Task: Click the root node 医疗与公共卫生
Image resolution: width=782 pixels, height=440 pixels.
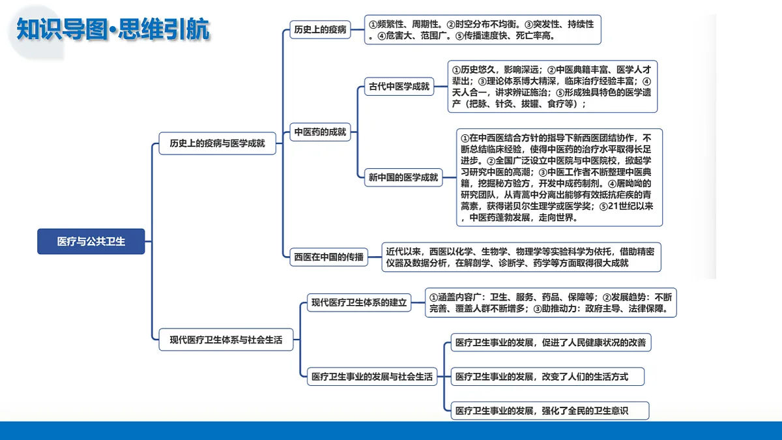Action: click(x=91, y=241)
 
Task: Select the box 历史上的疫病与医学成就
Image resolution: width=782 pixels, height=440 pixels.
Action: click(x=217, y=143)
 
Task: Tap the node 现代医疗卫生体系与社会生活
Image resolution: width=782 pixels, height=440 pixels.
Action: click(x=226, y=340)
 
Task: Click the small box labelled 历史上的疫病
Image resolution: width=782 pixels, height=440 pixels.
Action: click(x=320, y=30)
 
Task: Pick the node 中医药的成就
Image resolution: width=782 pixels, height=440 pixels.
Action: click(x=320, y=132)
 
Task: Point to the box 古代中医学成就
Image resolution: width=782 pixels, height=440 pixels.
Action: click(x=399, y=87)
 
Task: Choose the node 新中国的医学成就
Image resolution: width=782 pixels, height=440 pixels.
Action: click(x=403, y=177)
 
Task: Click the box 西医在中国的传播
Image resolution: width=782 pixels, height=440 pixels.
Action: click(x=329, y=257)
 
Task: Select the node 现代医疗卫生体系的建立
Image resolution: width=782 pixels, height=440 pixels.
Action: click(x=359, y=302)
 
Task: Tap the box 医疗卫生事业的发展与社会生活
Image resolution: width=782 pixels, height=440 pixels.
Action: click(x=372, y=377)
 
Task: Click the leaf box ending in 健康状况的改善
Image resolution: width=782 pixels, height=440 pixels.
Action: click(x=551, y=342)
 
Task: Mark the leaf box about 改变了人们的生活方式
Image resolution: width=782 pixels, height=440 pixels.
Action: click(x=547, y=377)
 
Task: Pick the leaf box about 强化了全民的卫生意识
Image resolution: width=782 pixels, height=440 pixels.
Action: click(x=550, y=411)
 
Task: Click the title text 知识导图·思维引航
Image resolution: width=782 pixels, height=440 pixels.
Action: click(x=113, y=29)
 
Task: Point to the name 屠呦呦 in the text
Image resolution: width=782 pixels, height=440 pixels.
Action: click(x=634, y=183)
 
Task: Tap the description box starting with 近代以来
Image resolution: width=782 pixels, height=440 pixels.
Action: click(x=521, y=257)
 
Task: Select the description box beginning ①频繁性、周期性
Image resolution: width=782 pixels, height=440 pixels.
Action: click(x=483, y=30)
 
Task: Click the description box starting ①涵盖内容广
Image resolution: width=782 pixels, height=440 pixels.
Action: click(x=551, y=302)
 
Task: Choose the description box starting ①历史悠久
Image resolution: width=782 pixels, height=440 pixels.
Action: click(x=553, y=87)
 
